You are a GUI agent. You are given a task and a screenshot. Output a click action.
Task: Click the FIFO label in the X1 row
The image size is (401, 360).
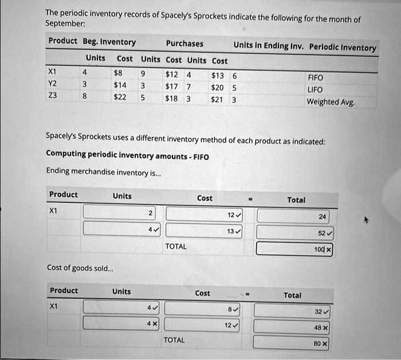315,77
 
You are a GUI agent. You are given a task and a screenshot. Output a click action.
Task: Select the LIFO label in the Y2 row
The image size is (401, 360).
315,89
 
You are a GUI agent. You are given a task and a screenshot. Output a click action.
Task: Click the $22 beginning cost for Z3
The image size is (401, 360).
120,97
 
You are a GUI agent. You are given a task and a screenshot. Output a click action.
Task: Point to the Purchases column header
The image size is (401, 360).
184,44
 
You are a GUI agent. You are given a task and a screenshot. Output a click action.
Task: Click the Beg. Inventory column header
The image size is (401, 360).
109,42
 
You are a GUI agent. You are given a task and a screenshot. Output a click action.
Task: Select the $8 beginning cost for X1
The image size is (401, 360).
118,73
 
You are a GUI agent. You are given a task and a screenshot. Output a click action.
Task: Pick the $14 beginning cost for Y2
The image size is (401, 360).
120,85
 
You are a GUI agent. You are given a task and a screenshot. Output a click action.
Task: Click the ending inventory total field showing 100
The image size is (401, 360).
294,249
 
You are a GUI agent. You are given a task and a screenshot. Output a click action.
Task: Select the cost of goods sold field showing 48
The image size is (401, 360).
292,326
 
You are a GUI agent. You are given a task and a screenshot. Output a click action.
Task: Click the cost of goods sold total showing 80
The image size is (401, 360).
292,343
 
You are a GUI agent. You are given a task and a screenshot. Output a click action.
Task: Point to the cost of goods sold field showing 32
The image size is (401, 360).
292,311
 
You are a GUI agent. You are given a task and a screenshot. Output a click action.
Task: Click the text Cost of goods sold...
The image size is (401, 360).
80,268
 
